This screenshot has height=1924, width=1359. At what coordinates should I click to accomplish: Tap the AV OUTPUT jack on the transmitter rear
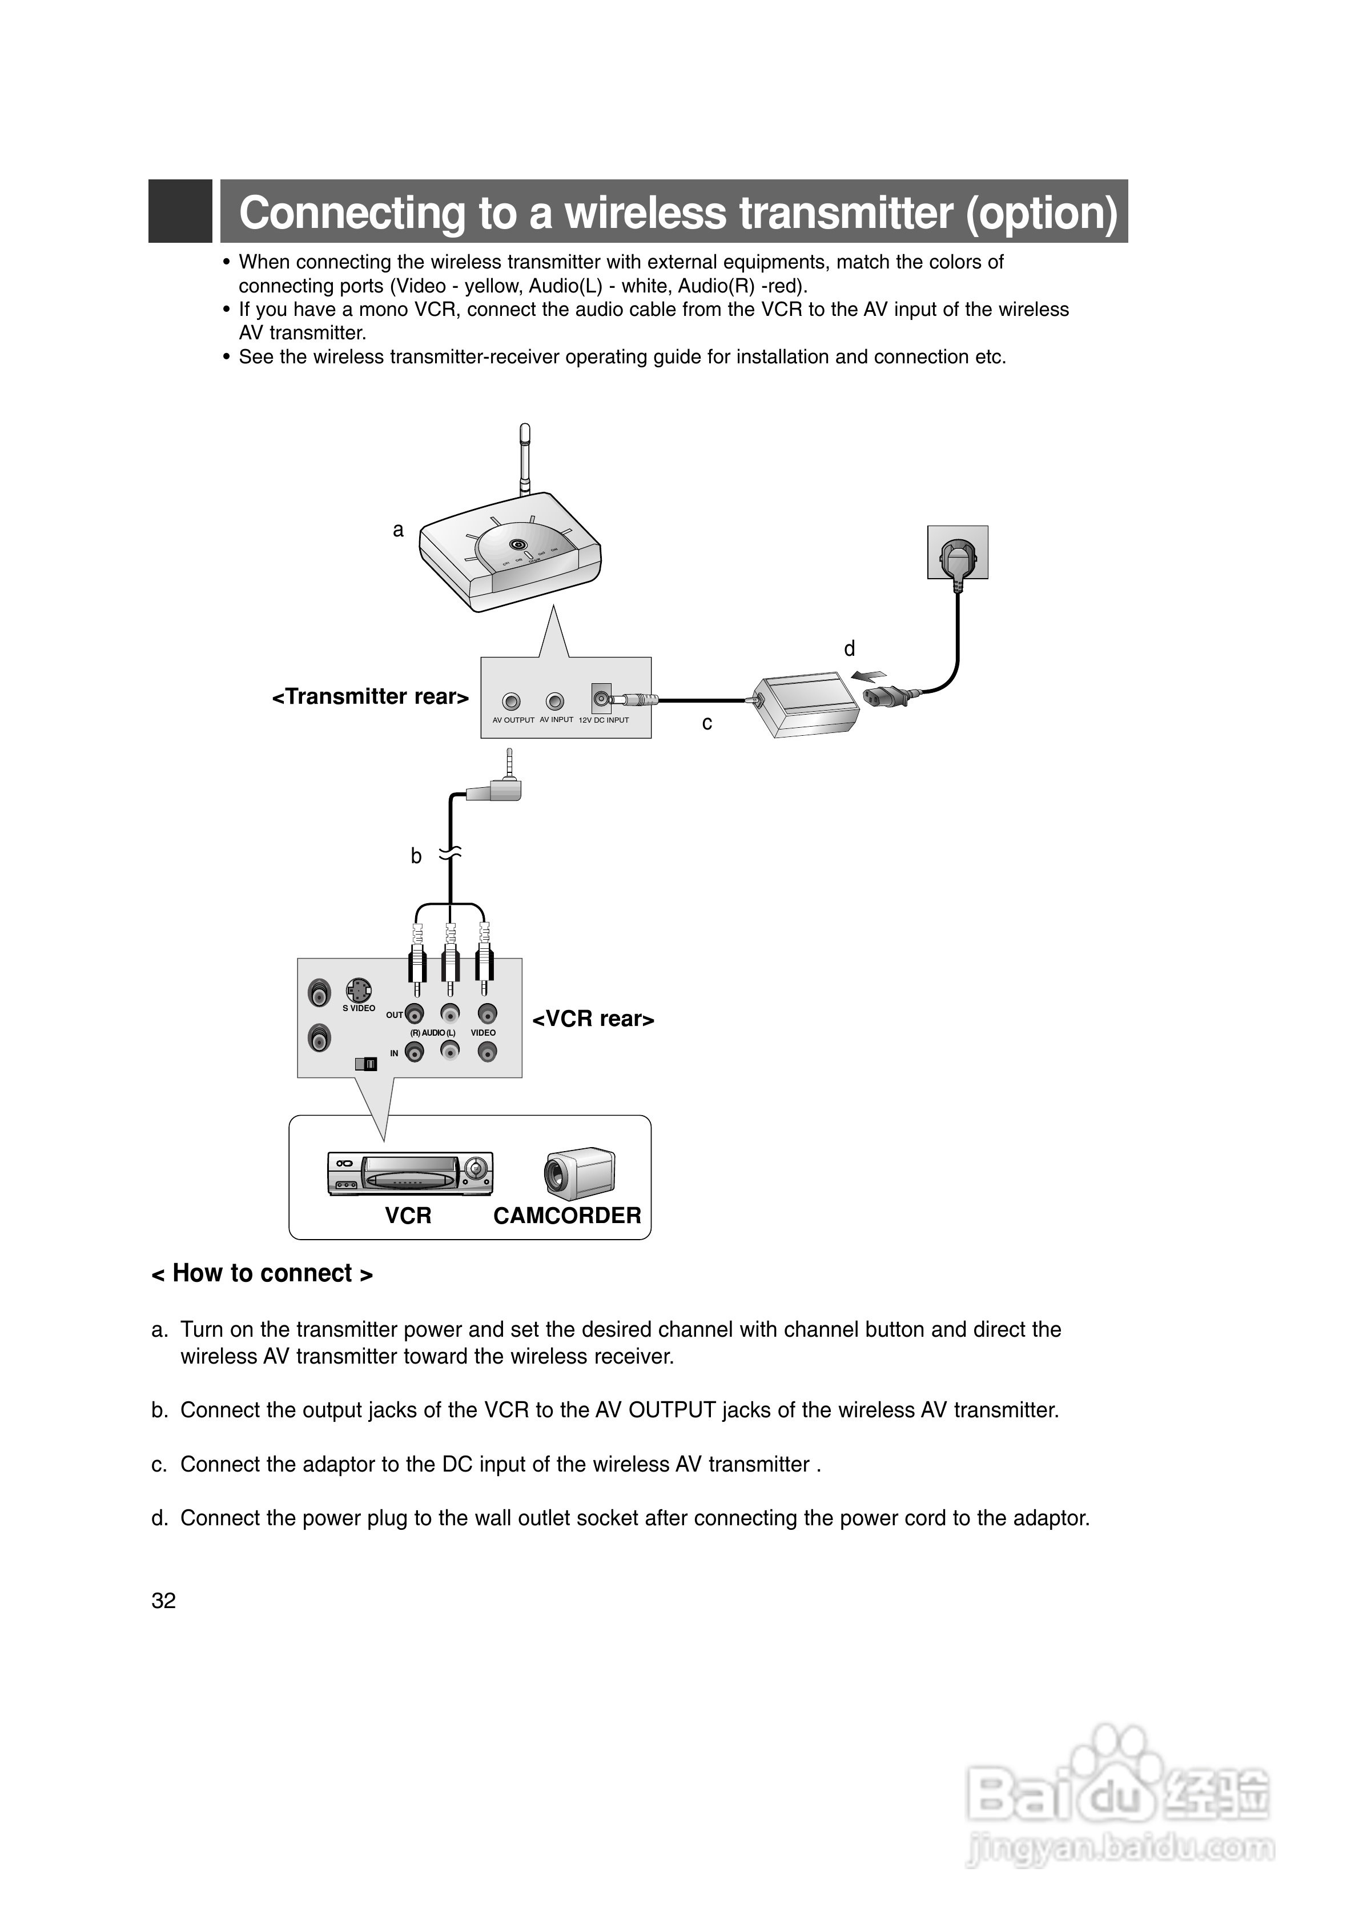[511, 702]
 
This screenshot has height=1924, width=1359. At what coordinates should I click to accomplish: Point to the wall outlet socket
[958, 552]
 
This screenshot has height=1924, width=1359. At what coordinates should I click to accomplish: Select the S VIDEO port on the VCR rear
[359, 989]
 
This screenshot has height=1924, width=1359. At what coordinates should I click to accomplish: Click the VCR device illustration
[410, 1173]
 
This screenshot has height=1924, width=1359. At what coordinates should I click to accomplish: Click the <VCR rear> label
[593, 1019]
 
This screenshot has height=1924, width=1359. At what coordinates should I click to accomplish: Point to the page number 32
[163, 1601]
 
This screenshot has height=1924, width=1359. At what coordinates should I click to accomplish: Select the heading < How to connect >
[262, 1274]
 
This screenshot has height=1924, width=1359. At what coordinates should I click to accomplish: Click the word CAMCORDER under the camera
[567, 1216]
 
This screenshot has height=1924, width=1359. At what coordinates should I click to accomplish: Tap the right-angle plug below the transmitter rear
[500, 788]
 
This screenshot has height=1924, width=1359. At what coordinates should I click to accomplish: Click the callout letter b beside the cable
[416, 856]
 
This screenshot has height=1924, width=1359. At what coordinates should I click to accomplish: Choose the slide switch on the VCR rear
[366, 1063]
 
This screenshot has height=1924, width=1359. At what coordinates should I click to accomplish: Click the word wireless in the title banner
[650, 213]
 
